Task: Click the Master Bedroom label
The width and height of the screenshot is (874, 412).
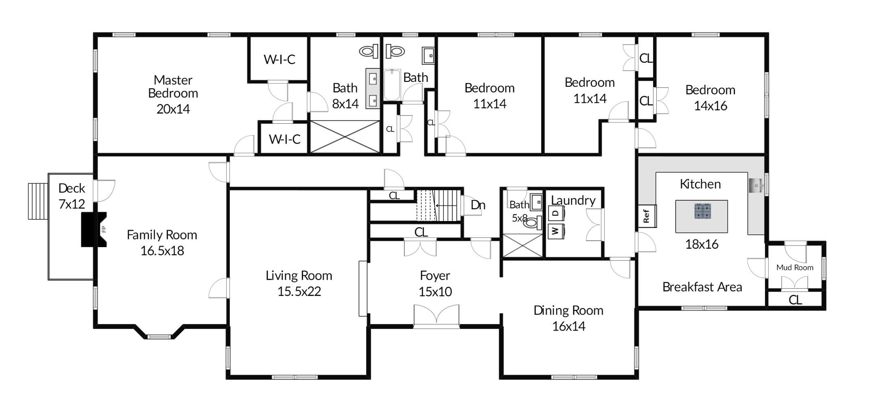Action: click(173, 86)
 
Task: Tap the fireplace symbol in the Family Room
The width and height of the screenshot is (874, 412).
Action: click(94, 229)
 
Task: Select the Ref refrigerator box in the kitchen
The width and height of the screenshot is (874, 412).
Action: click(647, 216)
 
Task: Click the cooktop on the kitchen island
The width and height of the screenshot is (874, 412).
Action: click(702, 211)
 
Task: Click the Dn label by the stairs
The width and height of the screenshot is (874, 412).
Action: click(478, 205)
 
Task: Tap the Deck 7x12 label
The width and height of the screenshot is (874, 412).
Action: click(72, 196)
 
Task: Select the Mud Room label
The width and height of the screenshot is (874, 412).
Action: click(795, 267)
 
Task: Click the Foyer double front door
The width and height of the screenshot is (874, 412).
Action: click(436, 316)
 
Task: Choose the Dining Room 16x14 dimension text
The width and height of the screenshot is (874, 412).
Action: click(568, 326)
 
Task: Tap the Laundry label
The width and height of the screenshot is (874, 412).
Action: click(573, 200)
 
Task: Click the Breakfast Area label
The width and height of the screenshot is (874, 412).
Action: click(702, 287)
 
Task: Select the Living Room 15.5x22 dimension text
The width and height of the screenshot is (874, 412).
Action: click(299, 291)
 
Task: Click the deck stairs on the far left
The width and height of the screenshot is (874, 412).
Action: click(38, 201)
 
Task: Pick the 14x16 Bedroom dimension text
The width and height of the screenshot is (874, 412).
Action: click(710, 106)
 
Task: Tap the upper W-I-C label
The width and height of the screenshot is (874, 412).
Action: click(279, 59)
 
